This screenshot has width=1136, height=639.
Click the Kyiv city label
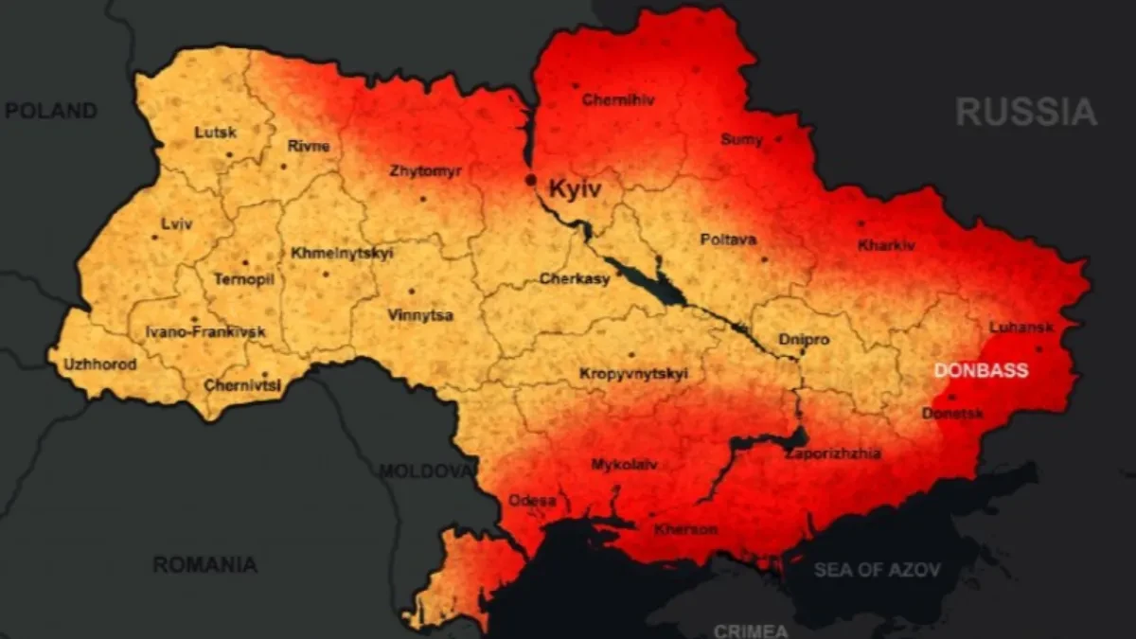(575, 189)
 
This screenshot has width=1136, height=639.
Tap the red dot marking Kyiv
(531, 179)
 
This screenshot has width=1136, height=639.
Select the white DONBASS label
(981, 370)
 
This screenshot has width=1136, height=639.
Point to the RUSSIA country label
(1026, 112)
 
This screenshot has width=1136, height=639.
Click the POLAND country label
(51, 111)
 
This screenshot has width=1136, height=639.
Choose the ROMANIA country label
(204, 564)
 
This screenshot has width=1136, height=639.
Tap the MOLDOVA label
(425, 470)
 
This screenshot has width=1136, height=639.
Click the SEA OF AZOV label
(878, 570)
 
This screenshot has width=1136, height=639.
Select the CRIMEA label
(751, 630)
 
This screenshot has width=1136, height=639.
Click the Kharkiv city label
(886, 245)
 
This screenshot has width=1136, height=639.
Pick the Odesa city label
(532, 500)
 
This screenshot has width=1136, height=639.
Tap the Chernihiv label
(618, 99)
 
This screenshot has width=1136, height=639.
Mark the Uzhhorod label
(99, 364)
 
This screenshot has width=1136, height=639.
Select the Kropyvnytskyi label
(632, 375)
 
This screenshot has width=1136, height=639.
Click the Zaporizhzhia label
(833, 453)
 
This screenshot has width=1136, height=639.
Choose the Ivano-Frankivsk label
(205, 332)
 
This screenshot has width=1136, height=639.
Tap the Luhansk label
(1021, 328)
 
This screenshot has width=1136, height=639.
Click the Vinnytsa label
(420, 315)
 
